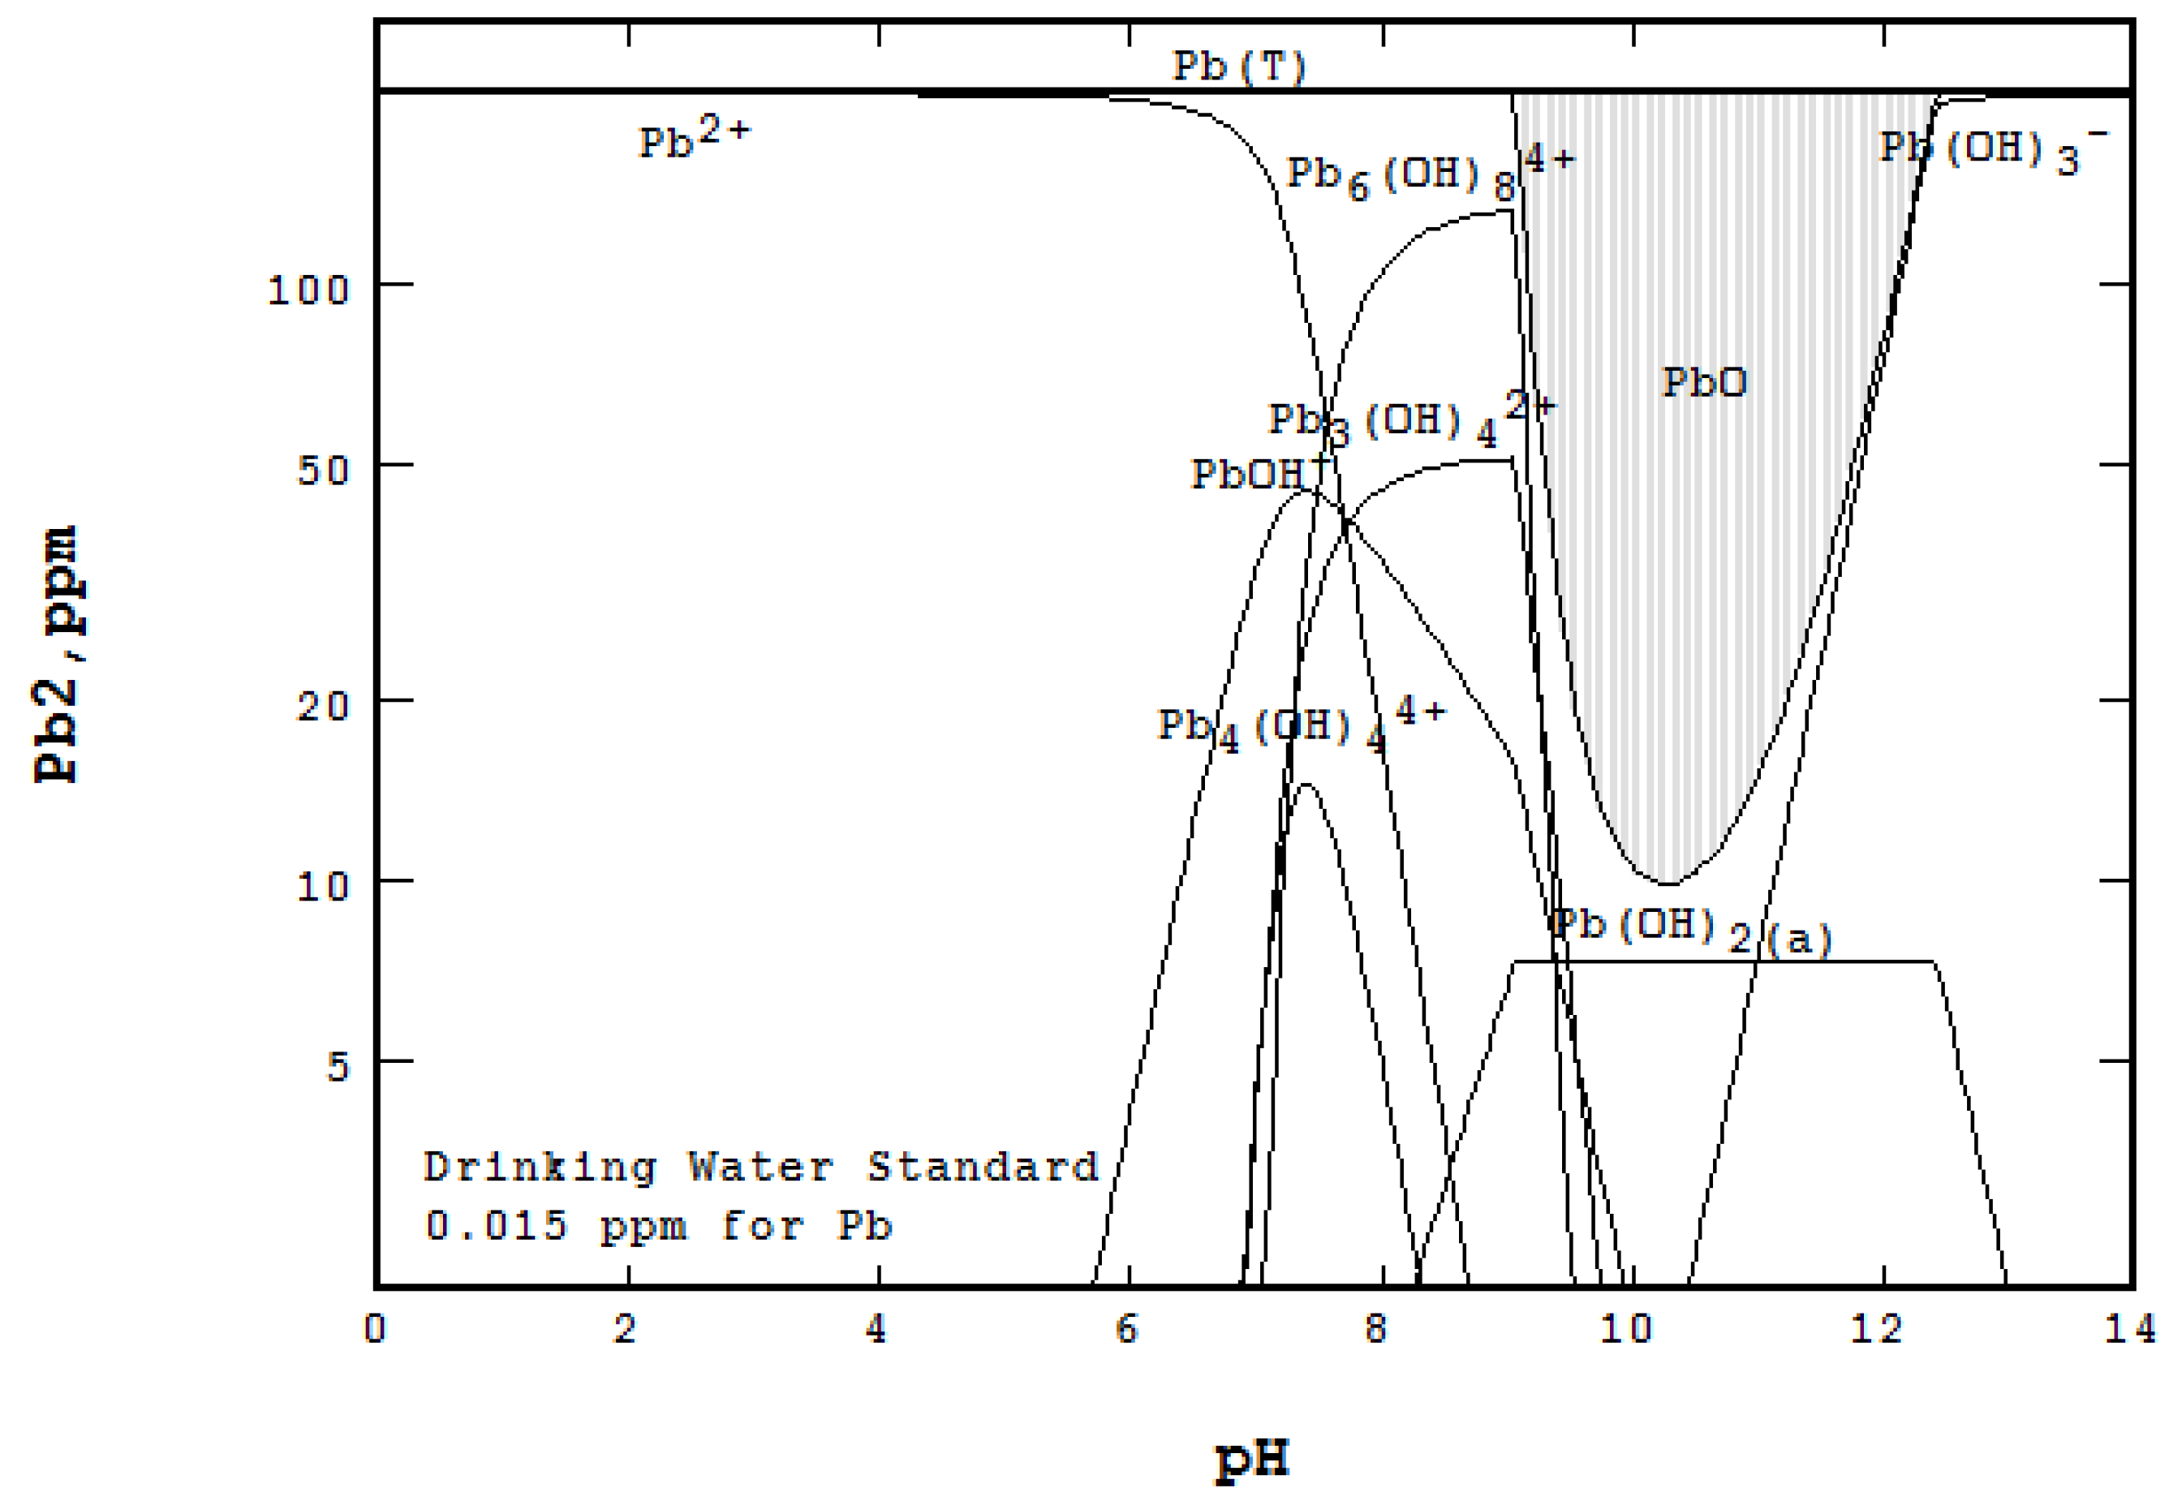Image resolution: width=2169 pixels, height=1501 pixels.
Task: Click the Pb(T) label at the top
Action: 1237,67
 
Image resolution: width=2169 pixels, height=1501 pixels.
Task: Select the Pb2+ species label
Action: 694,140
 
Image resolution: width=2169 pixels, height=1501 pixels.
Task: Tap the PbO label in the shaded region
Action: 1703,382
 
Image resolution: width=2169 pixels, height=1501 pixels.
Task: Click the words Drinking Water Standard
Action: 760,1168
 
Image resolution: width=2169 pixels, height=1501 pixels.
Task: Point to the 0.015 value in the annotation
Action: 496,1225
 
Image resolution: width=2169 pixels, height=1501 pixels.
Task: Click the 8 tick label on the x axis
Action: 1375,1329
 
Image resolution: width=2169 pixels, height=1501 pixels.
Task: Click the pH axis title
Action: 1251,1459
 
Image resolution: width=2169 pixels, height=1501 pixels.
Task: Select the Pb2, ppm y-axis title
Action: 57,655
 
